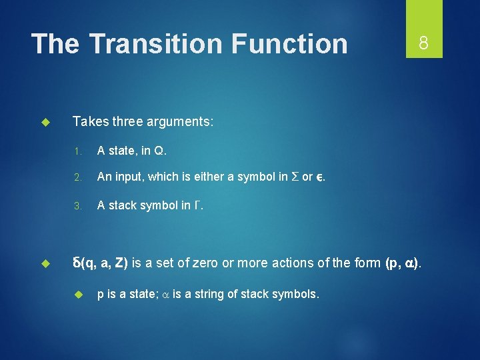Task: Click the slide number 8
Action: [x=423, y=43]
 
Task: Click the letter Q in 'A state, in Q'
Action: [x=159, y=151]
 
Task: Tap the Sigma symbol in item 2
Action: [x=293, y=177]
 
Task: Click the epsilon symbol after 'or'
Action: [x=320, y=178]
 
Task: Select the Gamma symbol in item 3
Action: [x=197, y=205]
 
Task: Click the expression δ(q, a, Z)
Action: [x=101, y=263]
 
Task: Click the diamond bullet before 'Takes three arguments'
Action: [x=46, y=122]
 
